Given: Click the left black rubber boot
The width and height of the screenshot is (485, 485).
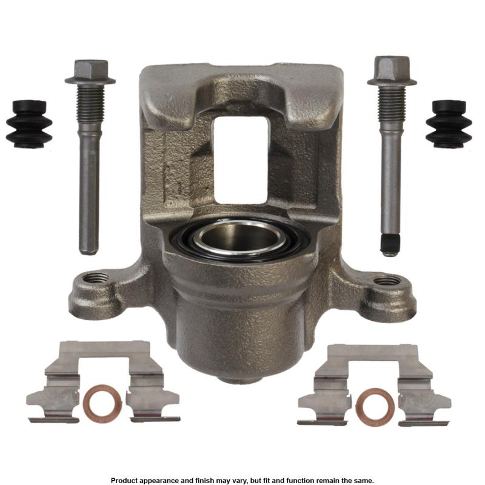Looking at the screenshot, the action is click(28, 124).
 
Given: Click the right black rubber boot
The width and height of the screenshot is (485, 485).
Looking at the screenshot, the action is click(449, 124).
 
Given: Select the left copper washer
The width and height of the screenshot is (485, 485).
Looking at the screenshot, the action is click(102, 403).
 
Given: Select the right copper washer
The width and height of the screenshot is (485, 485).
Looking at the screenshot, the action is click(375, 407).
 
